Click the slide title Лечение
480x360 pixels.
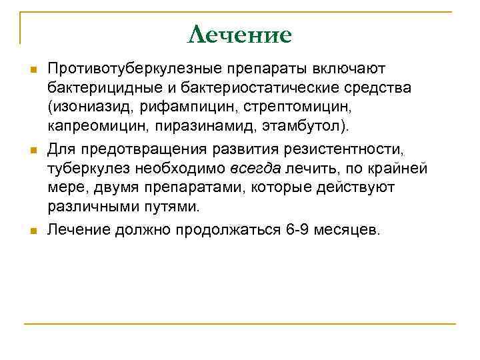240,35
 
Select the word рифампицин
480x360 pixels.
179,107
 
